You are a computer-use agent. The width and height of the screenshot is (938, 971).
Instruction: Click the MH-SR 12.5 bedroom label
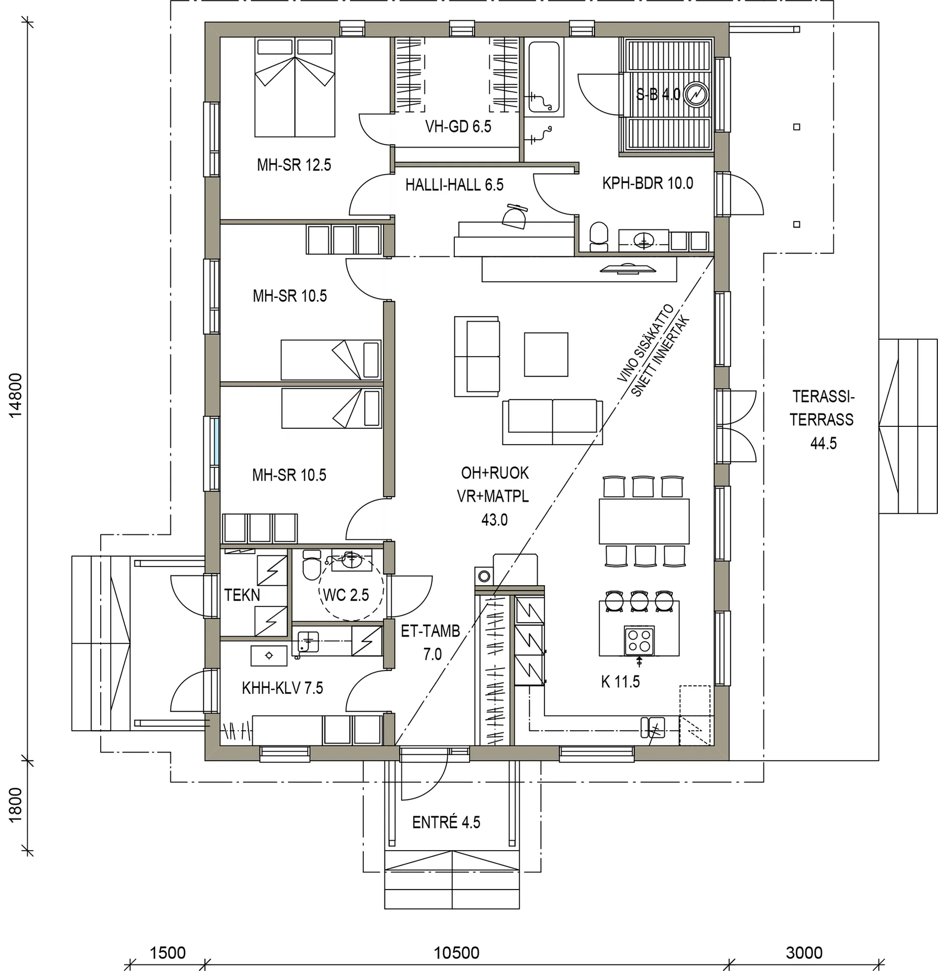coord(293,165)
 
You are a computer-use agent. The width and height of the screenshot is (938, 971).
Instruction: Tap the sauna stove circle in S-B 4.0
coord(696,95)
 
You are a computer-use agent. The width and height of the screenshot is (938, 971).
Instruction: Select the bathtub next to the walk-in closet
coord(544,77)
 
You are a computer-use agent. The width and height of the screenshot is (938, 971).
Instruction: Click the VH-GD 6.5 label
coord(458,126)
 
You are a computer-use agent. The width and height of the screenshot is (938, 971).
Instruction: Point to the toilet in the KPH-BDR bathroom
coord(599,236)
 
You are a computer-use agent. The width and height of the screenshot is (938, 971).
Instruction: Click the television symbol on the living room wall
coord(627,269)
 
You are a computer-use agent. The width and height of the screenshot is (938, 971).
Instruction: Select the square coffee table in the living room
coord(546,354)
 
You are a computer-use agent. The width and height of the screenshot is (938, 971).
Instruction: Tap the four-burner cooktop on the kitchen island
coord(639,640)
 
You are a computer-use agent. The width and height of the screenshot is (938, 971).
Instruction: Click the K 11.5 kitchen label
coord(620,682)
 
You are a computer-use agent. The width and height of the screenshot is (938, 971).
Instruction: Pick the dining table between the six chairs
coord(644,521)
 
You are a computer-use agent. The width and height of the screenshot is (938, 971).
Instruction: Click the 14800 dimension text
coord(16,395)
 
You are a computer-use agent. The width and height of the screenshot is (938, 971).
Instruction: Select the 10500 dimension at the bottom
coord(456,953)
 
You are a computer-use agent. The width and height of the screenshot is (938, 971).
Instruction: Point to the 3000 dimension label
coord(804,953)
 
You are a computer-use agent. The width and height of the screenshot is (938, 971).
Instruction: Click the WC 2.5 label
coord(346,595)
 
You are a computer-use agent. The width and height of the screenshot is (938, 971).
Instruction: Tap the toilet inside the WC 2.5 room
coord(311,565)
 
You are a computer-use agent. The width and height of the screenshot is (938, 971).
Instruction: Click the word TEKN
coord(242,595)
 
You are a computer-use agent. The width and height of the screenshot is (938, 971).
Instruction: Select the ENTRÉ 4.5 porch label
coord(446,822)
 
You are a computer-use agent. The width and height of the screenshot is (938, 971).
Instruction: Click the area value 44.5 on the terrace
coord(823,444)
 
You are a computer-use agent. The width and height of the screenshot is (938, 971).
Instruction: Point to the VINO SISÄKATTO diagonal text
coord(645,342)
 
